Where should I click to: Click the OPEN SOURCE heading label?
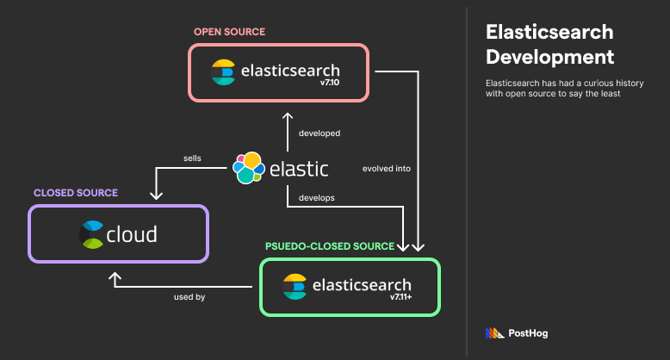229,32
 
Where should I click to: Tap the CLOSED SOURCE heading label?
75,192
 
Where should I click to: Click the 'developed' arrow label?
319,133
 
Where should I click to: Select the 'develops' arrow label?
316,197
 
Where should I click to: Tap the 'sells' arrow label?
192,158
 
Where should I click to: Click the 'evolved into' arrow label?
387,169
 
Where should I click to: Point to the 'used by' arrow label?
189,297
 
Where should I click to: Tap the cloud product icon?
91,233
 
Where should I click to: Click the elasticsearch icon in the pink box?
224,71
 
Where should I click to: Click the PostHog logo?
517,332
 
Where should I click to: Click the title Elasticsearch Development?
549,45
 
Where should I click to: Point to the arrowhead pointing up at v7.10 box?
288,115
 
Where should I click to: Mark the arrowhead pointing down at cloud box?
157,195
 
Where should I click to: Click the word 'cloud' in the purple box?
132,233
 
